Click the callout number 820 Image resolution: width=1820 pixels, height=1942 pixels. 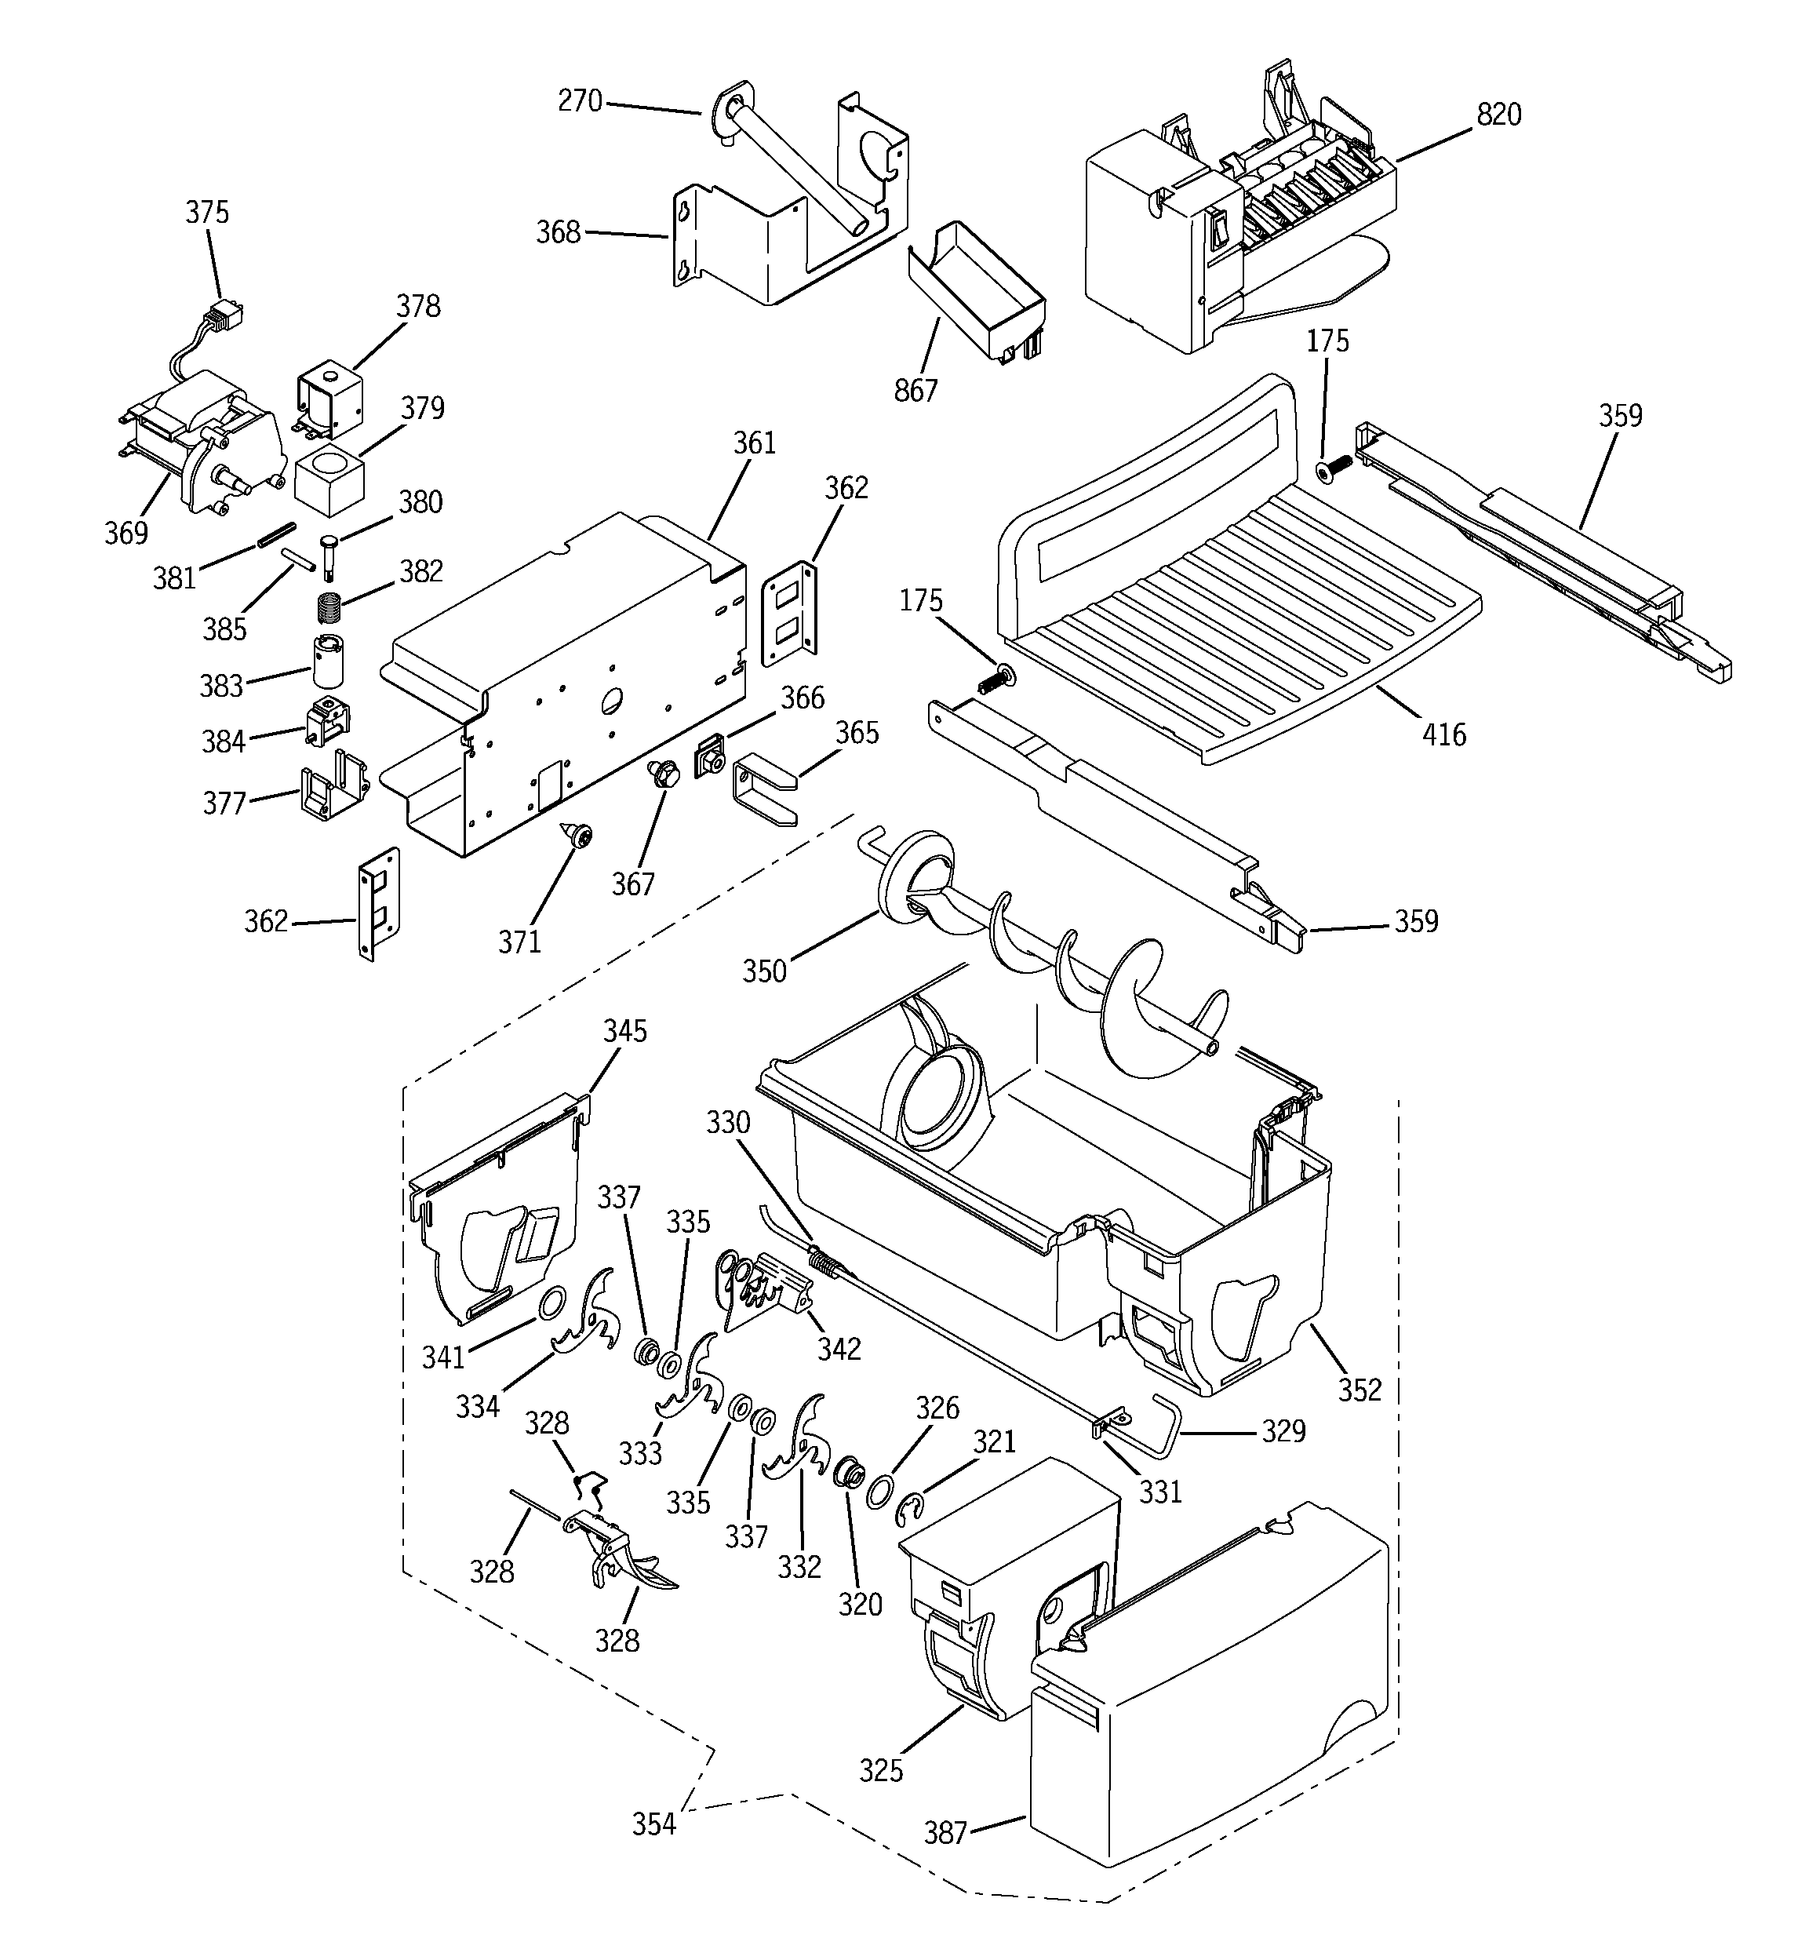(1498, 115)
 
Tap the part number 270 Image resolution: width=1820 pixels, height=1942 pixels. (579, 100)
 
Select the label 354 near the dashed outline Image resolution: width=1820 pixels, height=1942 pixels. (653, 1824)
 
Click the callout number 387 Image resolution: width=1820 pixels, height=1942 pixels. (945, 1833)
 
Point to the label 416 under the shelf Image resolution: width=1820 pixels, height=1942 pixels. (1444, 734)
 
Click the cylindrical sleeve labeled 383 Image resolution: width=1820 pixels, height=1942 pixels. (329, 661)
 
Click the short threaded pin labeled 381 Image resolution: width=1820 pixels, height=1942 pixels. (275, 538)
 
